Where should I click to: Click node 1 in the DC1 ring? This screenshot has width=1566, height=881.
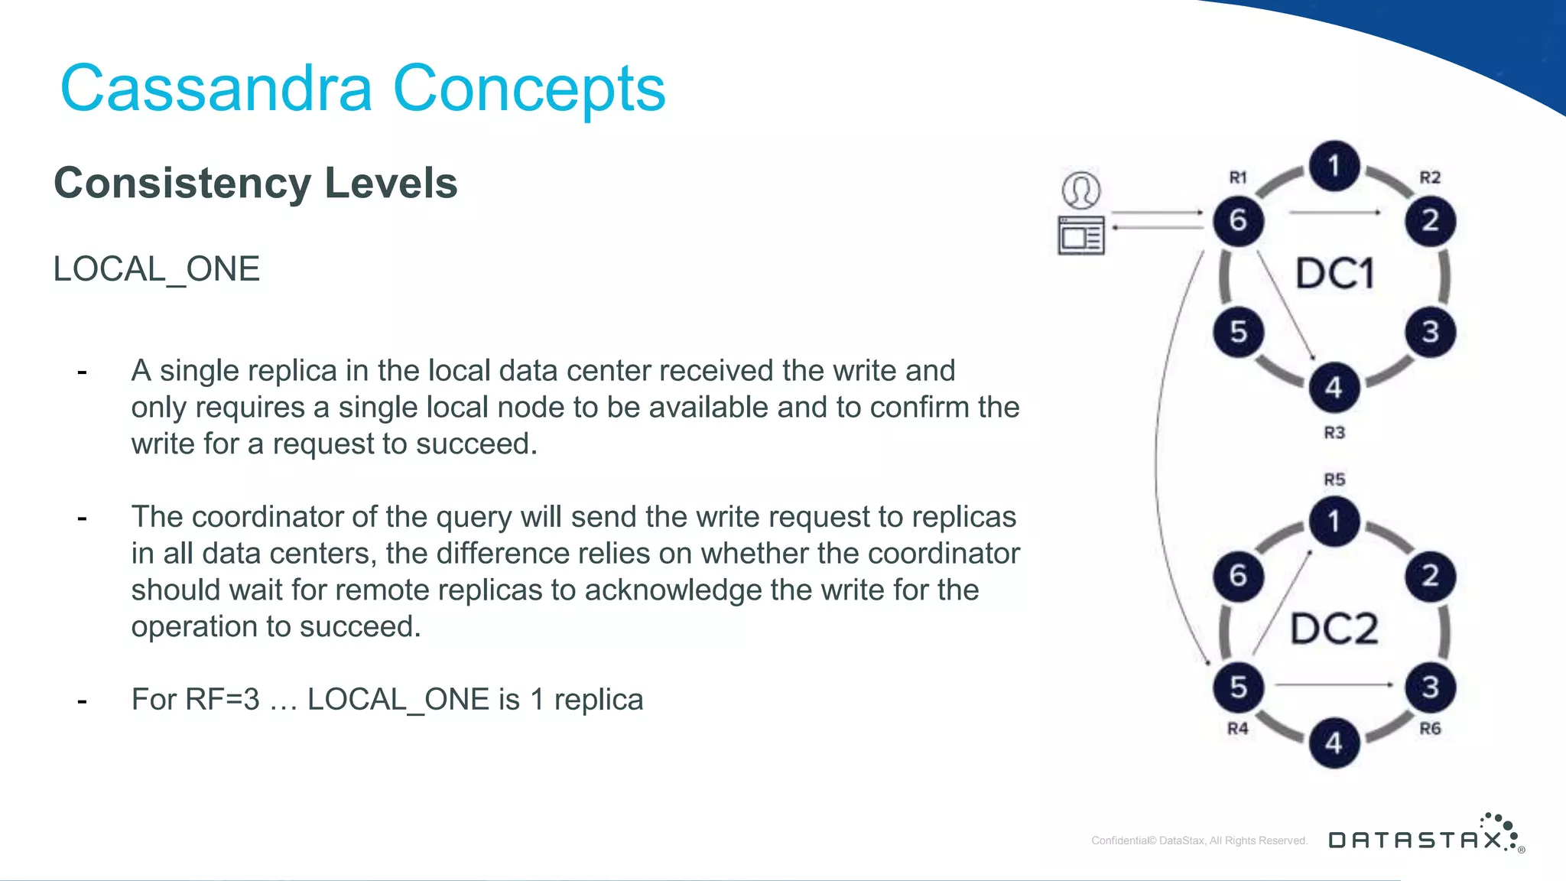[x=1334, y=166]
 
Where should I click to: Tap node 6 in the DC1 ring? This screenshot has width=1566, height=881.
[x=1238, y=221]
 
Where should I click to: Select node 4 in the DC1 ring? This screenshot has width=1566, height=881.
[x=1334, y=388]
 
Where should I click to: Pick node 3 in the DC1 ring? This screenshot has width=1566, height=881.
[x=1431, y=332]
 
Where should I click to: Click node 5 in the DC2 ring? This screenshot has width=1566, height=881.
[x=1238, y=687]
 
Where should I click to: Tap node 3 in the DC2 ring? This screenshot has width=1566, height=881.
[x=1431, y=687]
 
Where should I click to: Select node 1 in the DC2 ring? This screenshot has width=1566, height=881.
[x=1334, y=522]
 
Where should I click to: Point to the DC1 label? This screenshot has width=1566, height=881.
[x=1335, y=274]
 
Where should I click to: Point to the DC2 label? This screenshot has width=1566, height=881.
[x=1335, y=629]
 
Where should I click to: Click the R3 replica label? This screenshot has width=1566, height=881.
[x=1334, y=433]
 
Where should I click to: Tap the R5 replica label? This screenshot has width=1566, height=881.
[x=1334, y=480]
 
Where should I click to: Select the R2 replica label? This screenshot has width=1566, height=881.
[x=1430, y=177]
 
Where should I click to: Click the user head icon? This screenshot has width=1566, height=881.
[x=1081, y=190]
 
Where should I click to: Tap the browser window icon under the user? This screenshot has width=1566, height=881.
[x=1081, y=236]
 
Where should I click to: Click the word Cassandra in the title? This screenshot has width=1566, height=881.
[x=216, y=89]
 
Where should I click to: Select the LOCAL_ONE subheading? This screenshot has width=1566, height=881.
[x=157, y=269]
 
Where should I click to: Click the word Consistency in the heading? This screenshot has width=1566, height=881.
[x=182, y=184]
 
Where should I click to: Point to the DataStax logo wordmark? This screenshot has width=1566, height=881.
[x=1416, y=840]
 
